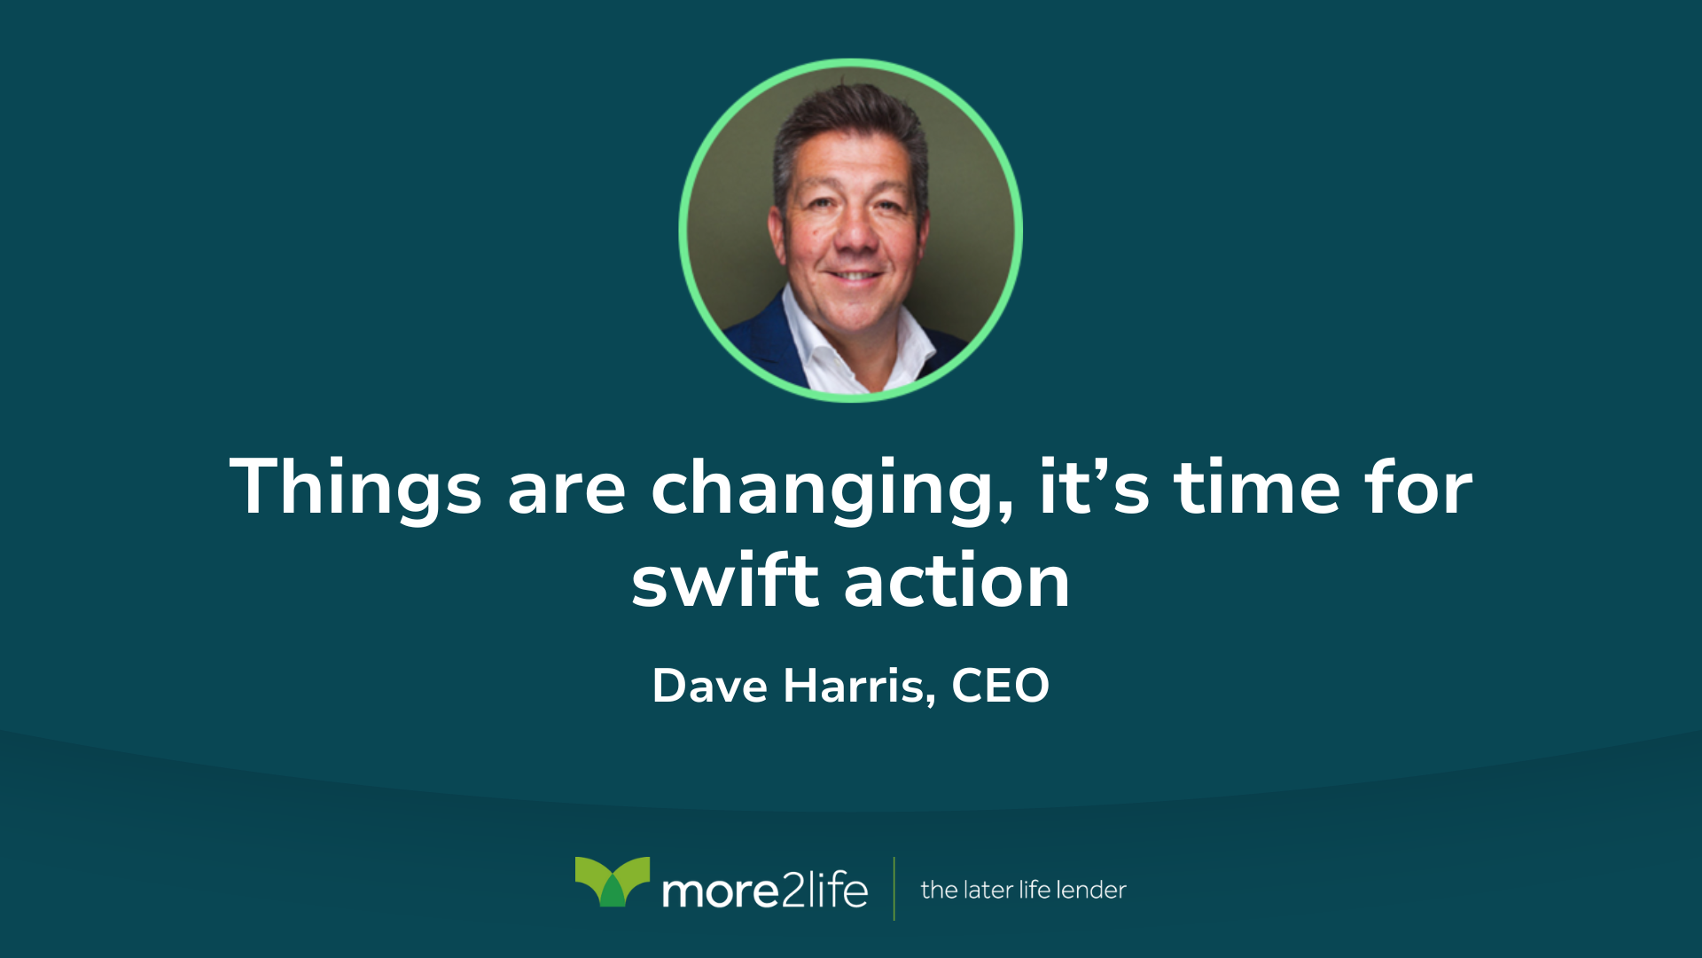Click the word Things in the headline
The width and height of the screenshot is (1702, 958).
[x=355, y=487]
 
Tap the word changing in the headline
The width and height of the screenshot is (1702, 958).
[x=832, y=489]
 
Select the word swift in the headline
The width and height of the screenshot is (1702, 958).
[x=725, y=580]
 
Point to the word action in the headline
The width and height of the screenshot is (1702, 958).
[x=957, y=582]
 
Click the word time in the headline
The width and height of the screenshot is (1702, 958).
[x=1257, y=487]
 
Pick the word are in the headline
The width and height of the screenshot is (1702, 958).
[x=566, y=493]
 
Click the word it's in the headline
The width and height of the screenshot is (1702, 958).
[x=1094, y=487]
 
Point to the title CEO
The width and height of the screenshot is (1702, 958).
[x=1001, y=686]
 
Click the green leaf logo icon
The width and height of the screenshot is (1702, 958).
[x=613, y=881]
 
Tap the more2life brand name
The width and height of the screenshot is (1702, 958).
[x=765, y=890]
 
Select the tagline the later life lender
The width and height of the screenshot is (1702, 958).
[x=1023, y=890]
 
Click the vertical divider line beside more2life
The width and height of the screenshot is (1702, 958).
[x=894, y=889]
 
